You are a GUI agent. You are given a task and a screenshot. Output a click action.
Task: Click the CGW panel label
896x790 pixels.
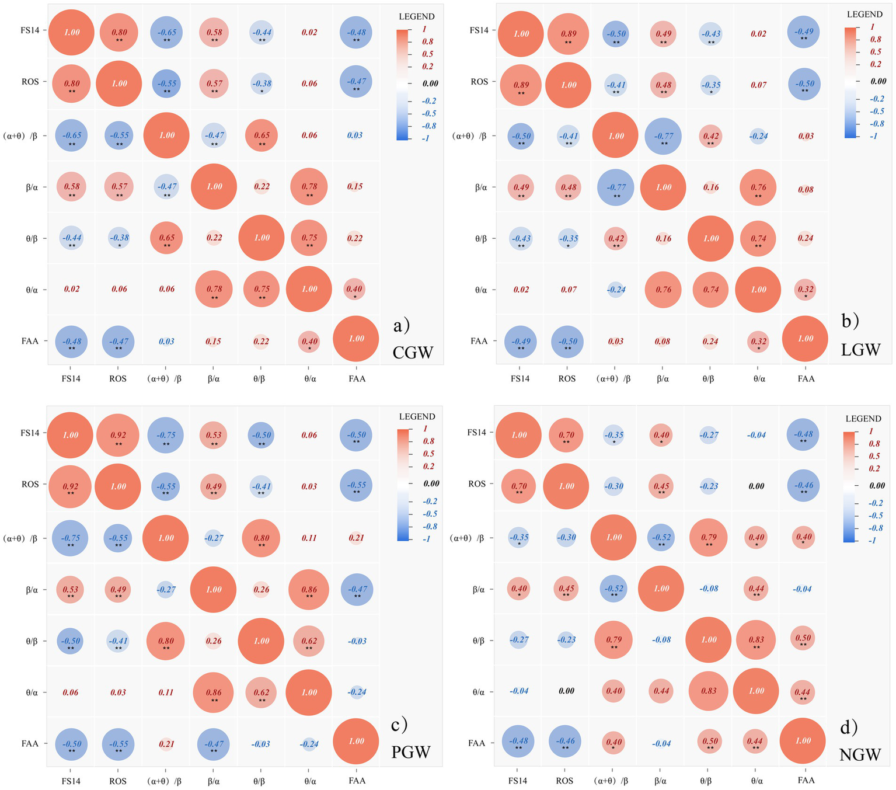[413, 353]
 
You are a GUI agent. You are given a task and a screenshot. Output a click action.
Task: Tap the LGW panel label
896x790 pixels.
[860, 349]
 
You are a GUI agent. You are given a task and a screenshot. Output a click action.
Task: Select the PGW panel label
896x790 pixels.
[411, 752]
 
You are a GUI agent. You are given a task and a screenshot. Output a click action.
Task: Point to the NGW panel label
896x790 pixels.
[860, 754]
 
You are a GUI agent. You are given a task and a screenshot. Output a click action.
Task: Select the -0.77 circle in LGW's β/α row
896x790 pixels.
[616, 187]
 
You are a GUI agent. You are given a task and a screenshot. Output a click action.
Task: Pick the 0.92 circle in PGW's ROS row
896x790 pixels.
[71, 486]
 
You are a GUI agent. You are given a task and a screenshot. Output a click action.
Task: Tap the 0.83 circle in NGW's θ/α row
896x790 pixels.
[709, 691]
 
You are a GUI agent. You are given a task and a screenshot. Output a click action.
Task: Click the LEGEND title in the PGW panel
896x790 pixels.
[417, 417]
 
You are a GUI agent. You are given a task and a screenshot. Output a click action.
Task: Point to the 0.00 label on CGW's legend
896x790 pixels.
[430, 83]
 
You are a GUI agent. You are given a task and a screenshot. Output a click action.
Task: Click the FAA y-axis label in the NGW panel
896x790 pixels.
[476, 743]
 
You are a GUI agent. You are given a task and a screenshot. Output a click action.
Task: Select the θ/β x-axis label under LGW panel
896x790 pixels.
[708, 379]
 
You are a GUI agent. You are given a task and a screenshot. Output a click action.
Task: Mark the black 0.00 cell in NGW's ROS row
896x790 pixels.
[756, 486]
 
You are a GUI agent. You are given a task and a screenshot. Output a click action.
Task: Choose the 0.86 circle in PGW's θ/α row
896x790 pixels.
[214, 693]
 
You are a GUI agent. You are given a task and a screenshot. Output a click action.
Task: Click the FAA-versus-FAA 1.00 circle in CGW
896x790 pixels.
[356, 339]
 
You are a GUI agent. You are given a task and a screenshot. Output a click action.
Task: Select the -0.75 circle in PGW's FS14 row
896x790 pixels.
[166, 436]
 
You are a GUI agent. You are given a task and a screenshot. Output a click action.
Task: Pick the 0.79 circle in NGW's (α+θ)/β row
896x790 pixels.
[709, 538]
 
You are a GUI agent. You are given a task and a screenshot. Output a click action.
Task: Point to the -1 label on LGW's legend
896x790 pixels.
[873, 136]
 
